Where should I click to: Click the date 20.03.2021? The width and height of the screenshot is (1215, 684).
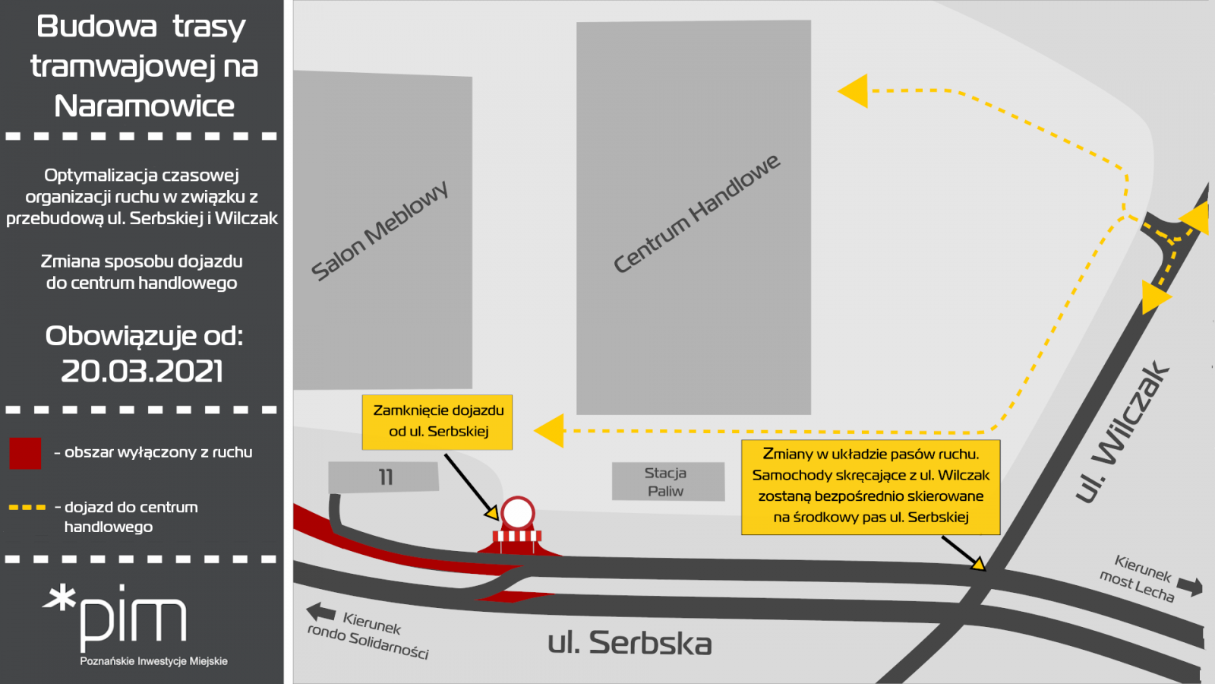(142, 372)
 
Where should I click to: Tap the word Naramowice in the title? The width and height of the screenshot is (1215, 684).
(144, 106)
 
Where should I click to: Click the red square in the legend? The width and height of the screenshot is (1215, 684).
(25, 453)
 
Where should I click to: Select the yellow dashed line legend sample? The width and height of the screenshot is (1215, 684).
(27, 508)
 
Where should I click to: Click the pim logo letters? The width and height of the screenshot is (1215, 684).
(134, 619)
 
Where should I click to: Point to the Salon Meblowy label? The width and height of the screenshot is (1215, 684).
(380, 231)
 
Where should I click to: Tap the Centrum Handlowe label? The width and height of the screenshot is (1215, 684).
(696, 214)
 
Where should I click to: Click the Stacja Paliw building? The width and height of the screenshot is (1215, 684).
(668, 482)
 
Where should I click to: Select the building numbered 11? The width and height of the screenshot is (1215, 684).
(383, 477)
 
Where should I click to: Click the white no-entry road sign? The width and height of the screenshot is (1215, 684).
(518, 512)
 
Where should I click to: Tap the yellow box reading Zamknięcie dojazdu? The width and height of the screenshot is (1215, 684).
(437, 422)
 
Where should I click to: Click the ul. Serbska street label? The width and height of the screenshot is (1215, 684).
(630, 643)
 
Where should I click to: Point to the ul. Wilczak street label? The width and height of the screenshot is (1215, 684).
(1123, 432)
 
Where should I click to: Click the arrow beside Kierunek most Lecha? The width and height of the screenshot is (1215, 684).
(1190, 586)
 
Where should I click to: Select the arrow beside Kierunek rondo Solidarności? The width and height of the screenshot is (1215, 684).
(320, 612)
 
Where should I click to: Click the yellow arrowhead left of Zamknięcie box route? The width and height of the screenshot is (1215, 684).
(549, 430)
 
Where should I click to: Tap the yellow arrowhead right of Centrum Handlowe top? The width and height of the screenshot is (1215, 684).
(853, 90)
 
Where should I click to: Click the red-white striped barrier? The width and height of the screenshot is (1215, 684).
(517, 537)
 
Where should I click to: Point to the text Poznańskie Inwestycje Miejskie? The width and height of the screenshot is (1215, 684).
(153, 661)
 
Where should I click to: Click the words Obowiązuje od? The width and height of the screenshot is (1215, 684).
(144, 337)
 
